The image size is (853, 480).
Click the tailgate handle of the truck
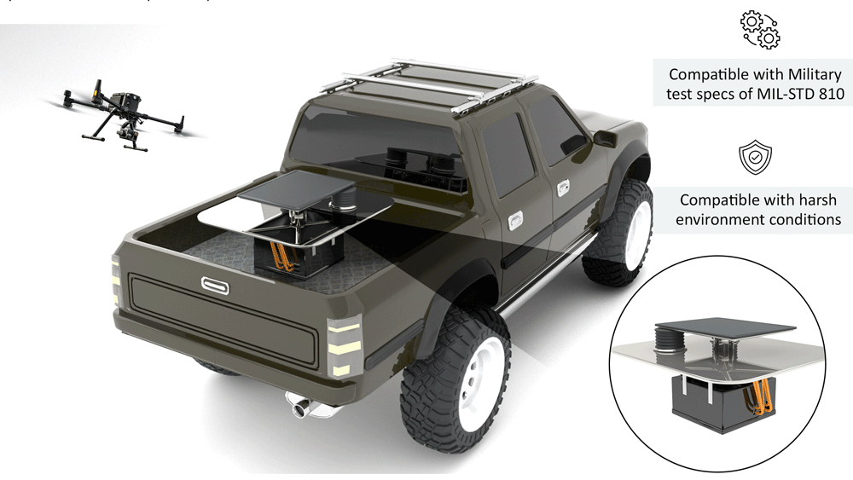pyautogui.click(x=216, y=285)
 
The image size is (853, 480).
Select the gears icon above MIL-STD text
pyautogui.click(x=760, y=30)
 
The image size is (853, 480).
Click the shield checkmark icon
pyautogui.click(x=755, y=157)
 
